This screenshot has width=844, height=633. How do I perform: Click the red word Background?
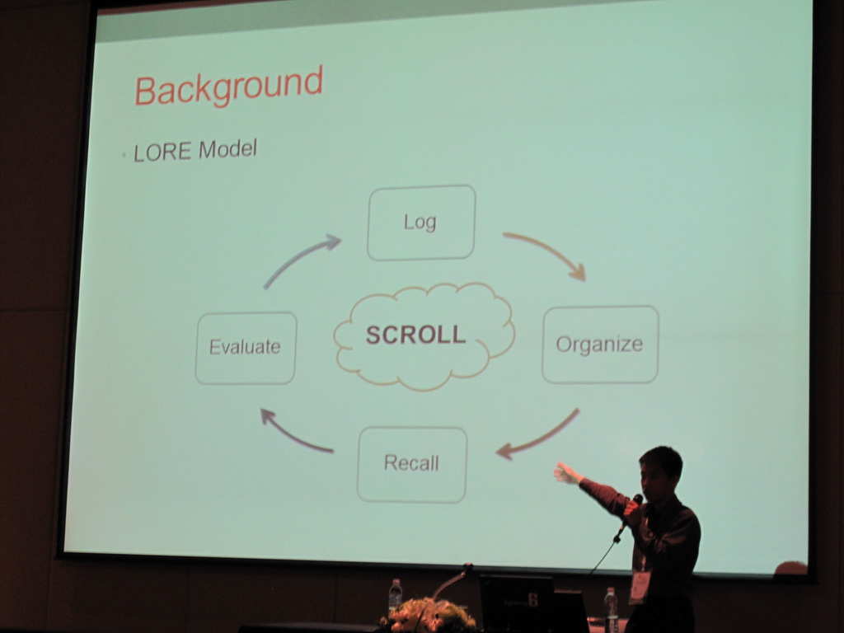[x=228, y=86]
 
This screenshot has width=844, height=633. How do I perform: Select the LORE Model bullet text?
[x=195, y=150]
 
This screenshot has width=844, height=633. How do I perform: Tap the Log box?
[x=421, y=223]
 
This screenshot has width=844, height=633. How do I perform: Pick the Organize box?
[x=600, y=344]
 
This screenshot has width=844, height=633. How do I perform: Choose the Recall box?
[x=412, y=465]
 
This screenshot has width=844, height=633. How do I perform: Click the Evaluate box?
[x=246, y=348]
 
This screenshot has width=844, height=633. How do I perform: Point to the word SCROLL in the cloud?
[x=415, y=335]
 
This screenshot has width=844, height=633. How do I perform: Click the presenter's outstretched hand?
[x=566, y=473]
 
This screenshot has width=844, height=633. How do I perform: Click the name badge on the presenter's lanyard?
[x=640, y=587]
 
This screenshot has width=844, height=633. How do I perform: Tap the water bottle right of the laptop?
[x=611, y=608]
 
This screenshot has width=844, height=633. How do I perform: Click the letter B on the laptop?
[x=533, y=600]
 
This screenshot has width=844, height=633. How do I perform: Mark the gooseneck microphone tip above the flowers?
[x=468, y=567]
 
